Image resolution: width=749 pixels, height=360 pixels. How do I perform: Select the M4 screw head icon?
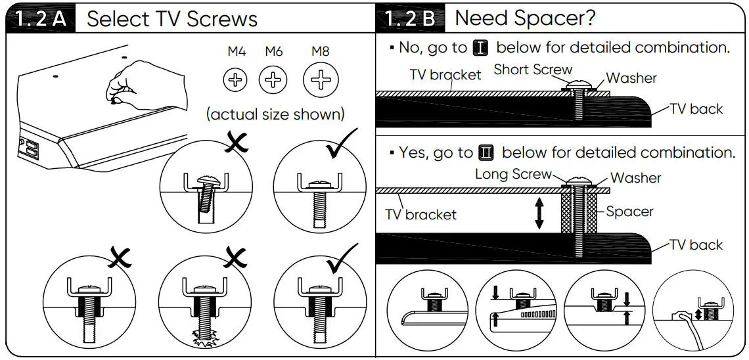235,81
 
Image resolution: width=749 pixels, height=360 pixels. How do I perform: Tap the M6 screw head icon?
273,81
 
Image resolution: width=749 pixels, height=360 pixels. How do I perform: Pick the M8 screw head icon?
320,81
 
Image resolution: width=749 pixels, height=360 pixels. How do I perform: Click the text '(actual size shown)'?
275,114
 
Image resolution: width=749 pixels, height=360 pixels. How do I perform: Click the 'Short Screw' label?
533,70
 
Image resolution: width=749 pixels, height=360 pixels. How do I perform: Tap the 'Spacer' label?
629,212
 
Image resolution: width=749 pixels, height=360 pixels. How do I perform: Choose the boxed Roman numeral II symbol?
487,152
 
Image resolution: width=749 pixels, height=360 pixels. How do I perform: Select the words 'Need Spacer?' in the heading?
525,18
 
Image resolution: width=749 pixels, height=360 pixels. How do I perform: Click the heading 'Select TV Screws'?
172,18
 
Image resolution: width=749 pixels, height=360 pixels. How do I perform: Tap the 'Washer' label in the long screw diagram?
635,178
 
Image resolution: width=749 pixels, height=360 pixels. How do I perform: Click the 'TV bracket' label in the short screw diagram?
445,75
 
